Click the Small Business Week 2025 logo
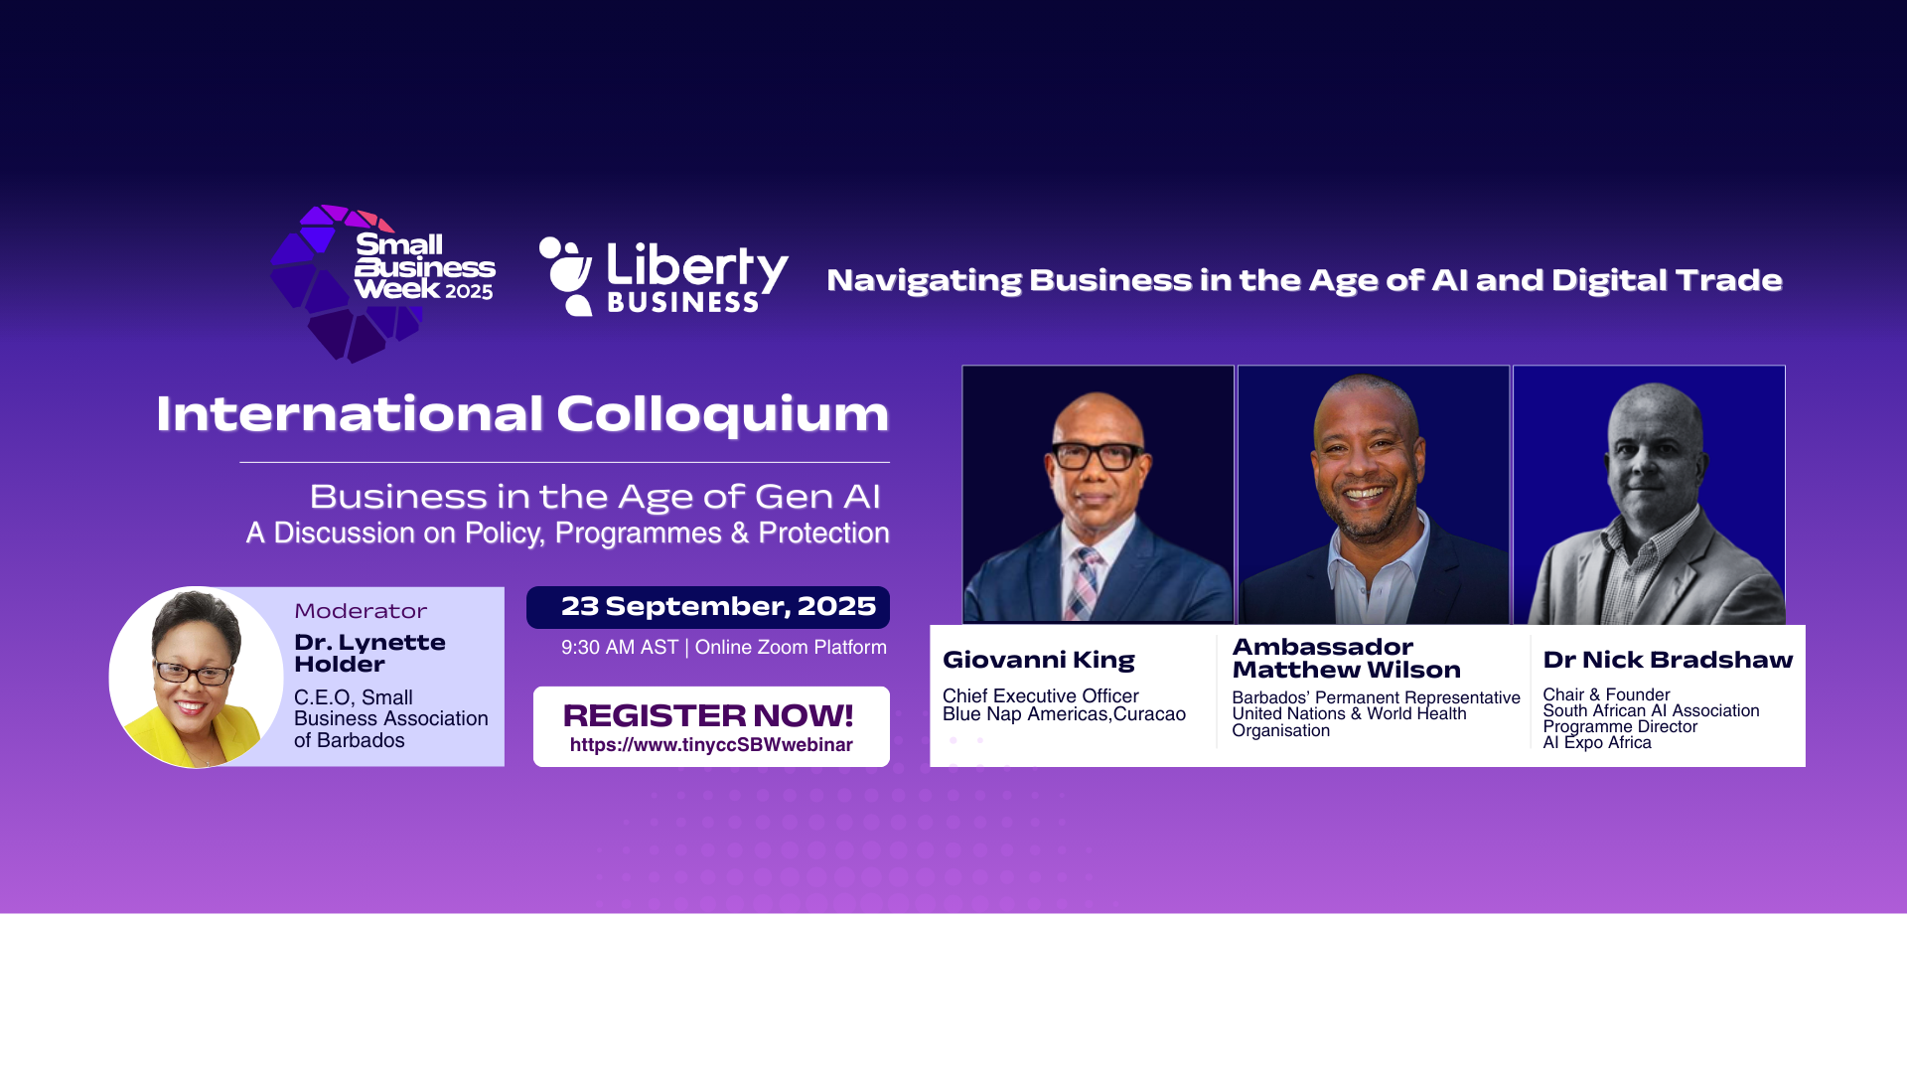383,283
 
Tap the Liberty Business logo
663,277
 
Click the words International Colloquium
522,413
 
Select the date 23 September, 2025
718,606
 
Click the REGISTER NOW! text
708,715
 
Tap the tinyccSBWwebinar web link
711,745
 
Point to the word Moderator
361,611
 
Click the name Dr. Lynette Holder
369,653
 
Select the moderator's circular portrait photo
196,677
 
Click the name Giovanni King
1039,660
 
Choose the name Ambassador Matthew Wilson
1347,659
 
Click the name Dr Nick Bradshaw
1668,660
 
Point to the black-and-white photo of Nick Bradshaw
1649,495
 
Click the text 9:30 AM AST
620,648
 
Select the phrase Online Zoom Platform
791,648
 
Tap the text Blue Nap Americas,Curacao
1064,714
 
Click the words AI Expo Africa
1597,742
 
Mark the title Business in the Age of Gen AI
595,496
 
